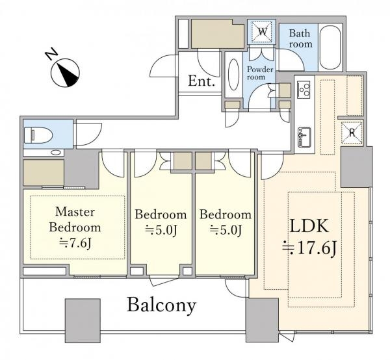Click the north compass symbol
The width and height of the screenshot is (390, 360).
[65, 73]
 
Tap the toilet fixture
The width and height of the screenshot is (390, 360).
[38, 135]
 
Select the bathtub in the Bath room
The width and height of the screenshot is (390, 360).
[330, 47]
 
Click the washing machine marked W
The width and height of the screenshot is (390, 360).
[262, 32]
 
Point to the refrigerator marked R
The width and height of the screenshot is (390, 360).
[352, 133]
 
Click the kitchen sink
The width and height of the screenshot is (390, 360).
[304, 137]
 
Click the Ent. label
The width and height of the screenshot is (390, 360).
[201, 81]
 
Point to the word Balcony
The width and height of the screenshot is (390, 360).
[162, 305]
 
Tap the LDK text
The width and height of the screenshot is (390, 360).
[309, 225]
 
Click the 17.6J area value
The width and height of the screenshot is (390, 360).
[309, 248]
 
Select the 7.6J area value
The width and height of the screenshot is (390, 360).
[75, 243]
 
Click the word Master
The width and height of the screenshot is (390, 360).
[75, 212]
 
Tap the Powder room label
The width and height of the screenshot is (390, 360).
[260, 73]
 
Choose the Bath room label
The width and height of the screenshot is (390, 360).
[300, 38]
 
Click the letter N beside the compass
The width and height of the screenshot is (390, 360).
[51, 55]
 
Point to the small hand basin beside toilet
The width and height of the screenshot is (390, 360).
[55, 153]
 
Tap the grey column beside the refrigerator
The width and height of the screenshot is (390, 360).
[356, 167]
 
